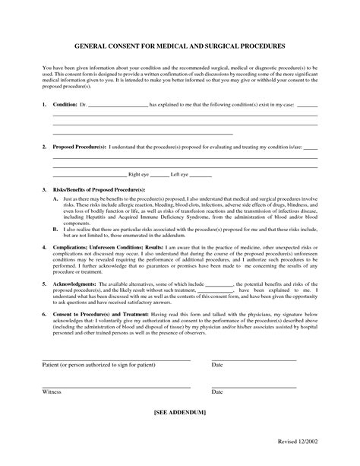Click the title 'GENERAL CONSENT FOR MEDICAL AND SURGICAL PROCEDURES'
(x=180, y=46)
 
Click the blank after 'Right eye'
(x=161, y=175)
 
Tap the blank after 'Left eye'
(x=201, y=175)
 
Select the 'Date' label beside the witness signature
(x=217, y=392)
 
